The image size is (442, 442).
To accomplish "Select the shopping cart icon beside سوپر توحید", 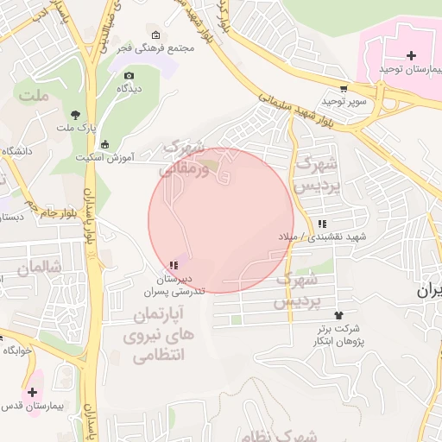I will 344,87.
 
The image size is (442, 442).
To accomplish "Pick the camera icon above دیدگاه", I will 129,75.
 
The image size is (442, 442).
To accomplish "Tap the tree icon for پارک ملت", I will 75,114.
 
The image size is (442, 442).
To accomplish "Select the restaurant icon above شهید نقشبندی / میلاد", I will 322,223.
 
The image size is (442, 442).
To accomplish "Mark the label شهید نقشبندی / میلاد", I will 322,236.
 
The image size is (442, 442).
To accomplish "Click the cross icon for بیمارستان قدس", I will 32,392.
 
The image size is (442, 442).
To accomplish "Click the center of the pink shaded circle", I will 221,220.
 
